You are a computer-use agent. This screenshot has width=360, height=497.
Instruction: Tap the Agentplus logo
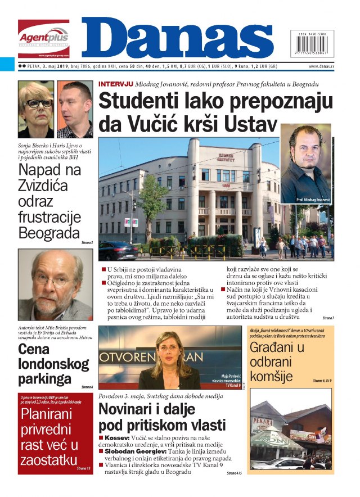[x=43, y=38]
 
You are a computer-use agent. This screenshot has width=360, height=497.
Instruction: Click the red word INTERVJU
[x=115, y=84]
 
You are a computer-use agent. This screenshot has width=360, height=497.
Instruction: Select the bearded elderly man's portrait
[x=55, y=284]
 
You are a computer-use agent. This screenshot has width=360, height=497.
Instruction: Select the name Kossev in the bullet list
[x=118, y=437]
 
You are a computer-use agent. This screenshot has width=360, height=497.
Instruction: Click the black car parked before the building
[x=118, y=251]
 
